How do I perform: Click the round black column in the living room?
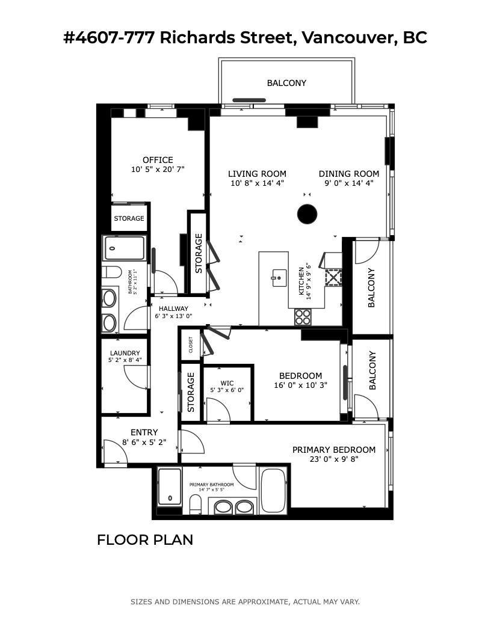point(307,214)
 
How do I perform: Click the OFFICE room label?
point(158,160)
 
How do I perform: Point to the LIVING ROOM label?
point(257,174)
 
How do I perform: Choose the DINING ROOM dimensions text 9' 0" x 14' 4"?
point(348,183)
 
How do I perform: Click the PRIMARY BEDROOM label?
point(333,450)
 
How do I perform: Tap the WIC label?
point(227,383)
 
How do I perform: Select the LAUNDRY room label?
point(125,353)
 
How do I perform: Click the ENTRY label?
point(144,432)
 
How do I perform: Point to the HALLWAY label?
point(173,308)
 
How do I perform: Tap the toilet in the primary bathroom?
point(195,504)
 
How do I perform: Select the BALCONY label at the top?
point(286,83)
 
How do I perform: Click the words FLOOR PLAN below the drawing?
point(145,539)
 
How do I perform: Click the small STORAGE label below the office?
point(129,218)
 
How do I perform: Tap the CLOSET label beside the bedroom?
point(191,345)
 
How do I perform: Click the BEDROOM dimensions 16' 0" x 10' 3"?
point(300,385)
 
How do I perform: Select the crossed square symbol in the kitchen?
point(333,277)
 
